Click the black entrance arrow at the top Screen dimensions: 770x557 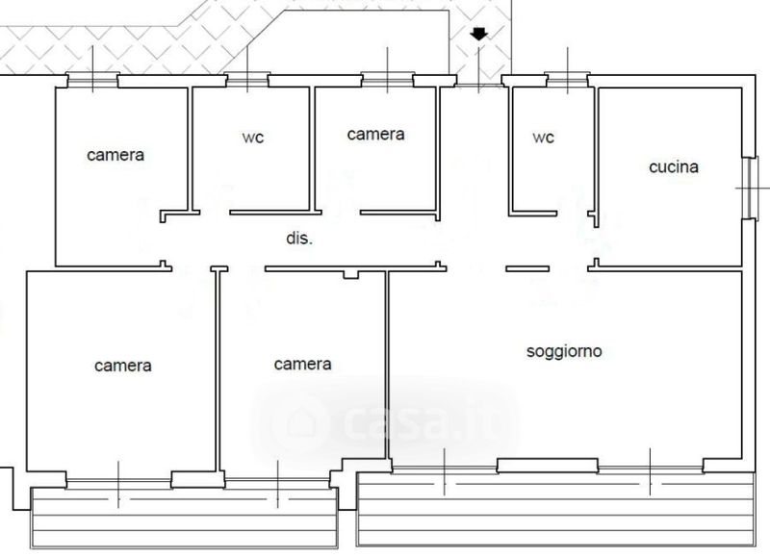tap(479, 35)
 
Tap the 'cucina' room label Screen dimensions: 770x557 tap(674, 167)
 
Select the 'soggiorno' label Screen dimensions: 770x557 tap(564, 351)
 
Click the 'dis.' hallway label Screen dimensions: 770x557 tap(299, 239)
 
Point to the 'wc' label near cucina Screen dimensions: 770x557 tap(544, 138)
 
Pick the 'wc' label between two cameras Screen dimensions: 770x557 tap(252, 138)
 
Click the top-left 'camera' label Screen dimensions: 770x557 tap(115, 154)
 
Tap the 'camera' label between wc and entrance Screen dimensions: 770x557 tap(375, 135)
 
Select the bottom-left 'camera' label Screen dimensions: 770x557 tap(123, 366)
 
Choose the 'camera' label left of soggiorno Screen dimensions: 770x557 tap(302, 364)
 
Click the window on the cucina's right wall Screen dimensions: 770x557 tap(749, 187)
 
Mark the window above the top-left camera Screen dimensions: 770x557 tap(92, 79)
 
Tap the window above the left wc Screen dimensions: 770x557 tap(247, 79)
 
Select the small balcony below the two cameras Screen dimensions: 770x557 tap(184, 517)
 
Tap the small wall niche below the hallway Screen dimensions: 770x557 tap(351, 275)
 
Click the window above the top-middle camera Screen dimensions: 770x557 tap(388, 79)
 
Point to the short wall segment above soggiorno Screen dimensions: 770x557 tap(527, 268)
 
